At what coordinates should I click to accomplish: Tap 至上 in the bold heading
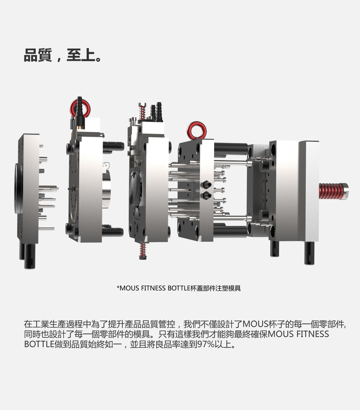(x=80, y=55)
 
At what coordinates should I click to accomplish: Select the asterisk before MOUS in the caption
(x=118, y=288)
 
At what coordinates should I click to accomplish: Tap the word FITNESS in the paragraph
(x=312, y=334)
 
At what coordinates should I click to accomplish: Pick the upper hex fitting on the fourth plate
(x=206, y=184)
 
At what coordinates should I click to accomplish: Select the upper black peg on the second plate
(x=114, y=146)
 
